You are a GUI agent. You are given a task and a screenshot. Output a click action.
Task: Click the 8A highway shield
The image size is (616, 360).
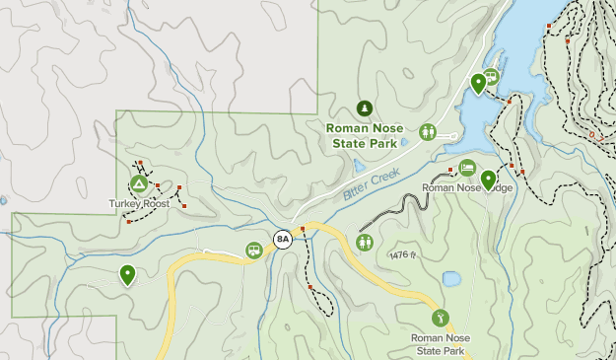click(x=283, y=239)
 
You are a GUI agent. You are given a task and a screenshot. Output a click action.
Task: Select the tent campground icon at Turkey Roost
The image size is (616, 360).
click(x=139, y=184)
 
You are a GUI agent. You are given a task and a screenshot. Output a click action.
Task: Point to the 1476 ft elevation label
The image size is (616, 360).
click(x=405, y=255)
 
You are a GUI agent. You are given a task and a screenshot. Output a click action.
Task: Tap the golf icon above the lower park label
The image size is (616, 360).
click(x=441, y=318)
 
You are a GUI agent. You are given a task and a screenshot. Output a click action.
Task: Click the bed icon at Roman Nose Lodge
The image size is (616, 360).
click(x=467, y=168)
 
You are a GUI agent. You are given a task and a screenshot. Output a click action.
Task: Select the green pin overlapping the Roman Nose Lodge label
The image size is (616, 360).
click(x=488, y=180)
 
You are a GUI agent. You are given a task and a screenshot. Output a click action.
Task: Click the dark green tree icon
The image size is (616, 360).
click(x=364, y=108)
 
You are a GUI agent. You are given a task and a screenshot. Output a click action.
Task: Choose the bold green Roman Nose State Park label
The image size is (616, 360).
click(x=364, y=135)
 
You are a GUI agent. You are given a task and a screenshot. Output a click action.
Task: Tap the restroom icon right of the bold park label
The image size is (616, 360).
click(x=428, y=131)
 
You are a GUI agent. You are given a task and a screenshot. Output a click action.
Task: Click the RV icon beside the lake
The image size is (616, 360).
click(x=490, y=75)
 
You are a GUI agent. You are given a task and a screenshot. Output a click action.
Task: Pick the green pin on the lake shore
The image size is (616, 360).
click(x=478, y=83)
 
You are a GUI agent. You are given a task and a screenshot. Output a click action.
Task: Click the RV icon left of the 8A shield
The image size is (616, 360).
click(x=254, y=250)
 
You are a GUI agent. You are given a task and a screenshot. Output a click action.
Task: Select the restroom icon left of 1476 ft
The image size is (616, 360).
click(x=366, y=242)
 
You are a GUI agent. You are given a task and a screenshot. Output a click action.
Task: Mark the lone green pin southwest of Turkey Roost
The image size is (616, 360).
click(x=127, y=274)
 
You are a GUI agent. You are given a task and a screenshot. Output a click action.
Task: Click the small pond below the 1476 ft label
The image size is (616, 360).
click(x=451, y=279)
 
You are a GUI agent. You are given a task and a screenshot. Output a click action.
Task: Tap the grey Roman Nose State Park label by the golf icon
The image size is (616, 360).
click(x=440, y=343)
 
